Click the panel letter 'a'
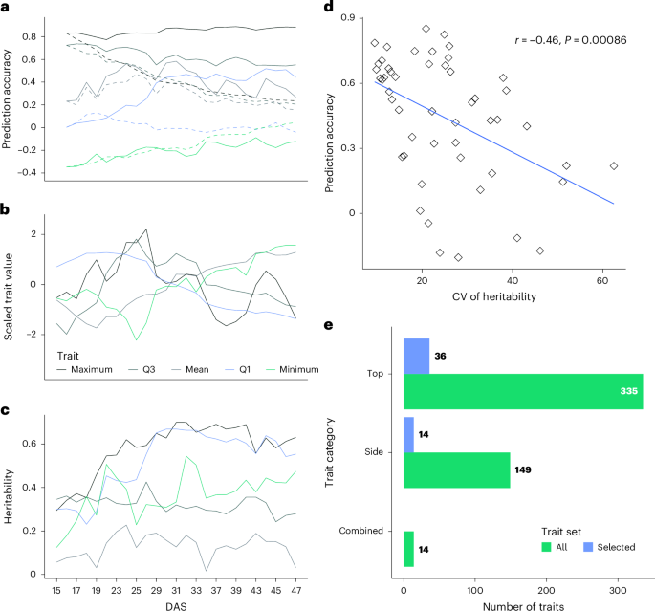click(x=6, y=9)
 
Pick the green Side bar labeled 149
click(x=456, y=469)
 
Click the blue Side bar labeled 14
click(x=408, y=434)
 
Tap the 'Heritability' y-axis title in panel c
click(x=8, y=492)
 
